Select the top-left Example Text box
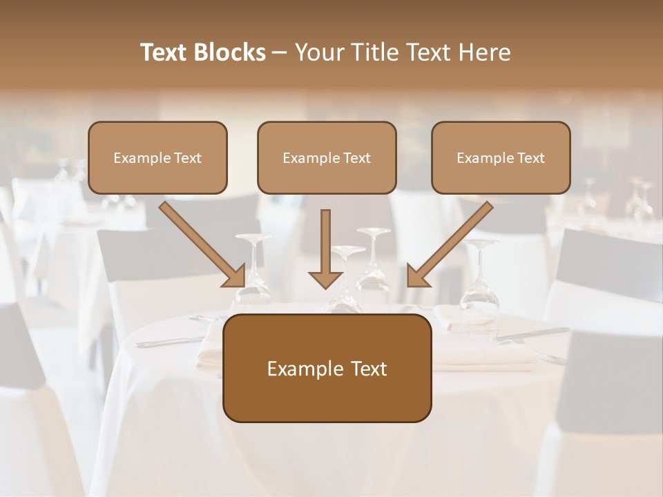(x=157, y=157)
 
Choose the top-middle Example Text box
(x=327, y=157)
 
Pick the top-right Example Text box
(x=501, y=157)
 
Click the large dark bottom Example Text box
(x=327, y=368)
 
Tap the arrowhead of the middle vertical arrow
(x=325, y=278)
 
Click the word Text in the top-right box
(x=530, y=158)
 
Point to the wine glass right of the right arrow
(x=480, y=283)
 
